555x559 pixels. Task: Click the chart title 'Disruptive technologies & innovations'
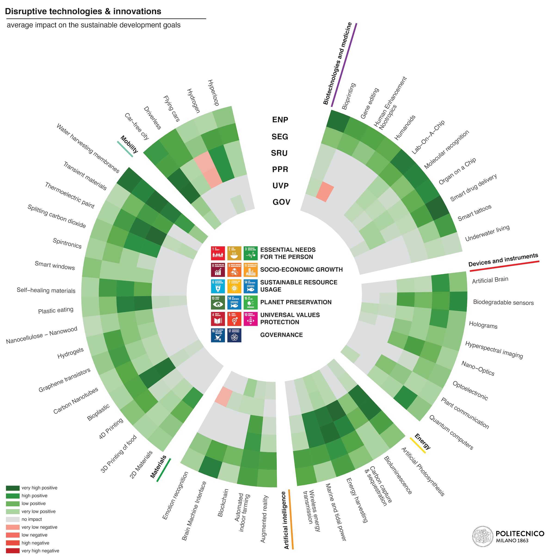pyautogui.click(x=83, y=12)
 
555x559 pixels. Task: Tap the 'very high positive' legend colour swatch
pyautogui.click(x=13, y=488)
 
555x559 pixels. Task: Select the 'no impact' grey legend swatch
pyautogui.click(x=13, y=519)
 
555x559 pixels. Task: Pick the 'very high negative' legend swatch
pyautogui.click(x=13, y=551)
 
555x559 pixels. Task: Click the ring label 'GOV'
pyautogui.click(x=281, y=202)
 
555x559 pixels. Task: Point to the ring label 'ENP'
pyautogui.click(x=280, y=120)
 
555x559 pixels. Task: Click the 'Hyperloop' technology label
pyautogui.click(x=213, y=93)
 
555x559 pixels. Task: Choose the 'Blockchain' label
pyautogui.click(x=223, y=503)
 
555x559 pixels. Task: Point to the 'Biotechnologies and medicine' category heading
pyautogui.click(x=337, y=63)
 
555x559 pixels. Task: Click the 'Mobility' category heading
pyautogui.click(x=129, y=144)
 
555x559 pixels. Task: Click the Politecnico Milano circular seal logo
pyautogui.click(x=482, y=537)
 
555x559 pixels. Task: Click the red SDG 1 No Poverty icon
pyautogui.click(x=218, y=253)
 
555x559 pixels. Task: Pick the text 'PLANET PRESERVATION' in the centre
pyautogui.click(x=296, y=302)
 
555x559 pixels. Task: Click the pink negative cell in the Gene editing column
pyautogui.click(x=325, y=191)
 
